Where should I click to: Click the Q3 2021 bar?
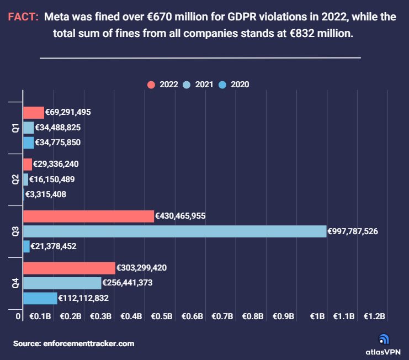174,231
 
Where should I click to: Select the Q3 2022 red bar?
88,216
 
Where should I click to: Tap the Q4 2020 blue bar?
40,298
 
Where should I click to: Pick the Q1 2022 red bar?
33,112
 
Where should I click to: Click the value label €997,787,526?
353,231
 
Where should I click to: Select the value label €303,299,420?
142,268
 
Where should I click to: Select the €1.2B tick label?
374,316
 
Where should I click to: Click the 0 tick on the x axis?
18,316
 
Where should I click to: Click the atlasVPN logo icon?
384,339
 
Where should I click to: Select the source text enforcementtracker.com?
88,343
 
